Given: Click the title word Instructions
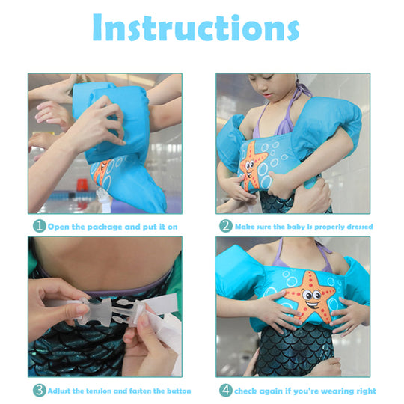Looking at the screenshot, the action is click(x=196, y=28).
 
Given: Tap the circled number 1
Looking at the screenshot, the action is click(x=40, y=226).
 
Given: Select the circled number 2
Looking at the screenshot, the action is click(x=226, y=226).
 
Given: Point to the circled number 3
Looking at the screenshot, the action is click(x=40, y=391).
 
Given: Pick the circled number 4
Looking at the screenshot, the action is click(x=226, y=391).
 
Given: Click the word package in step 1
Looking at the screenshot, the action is click(x=104, y=227).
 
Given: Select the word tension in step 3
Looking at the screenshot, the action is click(x=99, y=391).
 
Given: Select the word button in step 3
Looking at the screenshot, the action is click(x=179, y=391).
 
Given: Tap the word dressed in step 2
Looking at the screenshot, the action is click(x=360, y=227).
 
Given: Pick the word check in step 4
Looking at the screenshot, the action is click(x=245, y=391).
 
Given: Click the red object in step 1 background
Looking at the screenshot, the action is click(x=82, y=185).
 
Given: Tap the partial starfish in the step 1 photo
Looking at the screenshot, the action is click(x=102, y=172).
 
